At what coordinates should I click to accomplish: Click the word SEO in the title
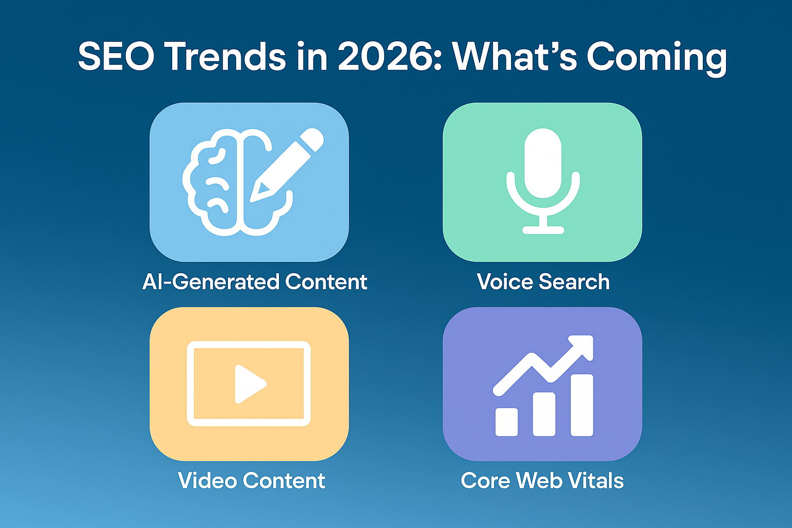116,57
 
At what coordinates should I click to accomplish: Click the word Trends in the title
225,57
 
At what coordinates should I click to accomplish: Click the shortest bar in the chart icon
506,422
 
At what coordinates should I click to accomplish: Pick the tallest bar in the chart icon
582,405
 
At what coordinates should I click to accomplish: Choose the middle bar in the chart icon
544,414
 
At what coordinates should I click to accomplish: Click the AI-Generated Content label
255,282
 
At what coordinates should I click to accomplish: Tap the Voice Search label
543,282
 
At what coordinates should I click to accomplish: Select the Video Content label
251,481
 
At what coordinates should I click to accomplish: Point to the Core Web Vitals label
542,481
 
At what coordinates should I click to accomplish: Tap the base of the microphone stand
543,229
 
